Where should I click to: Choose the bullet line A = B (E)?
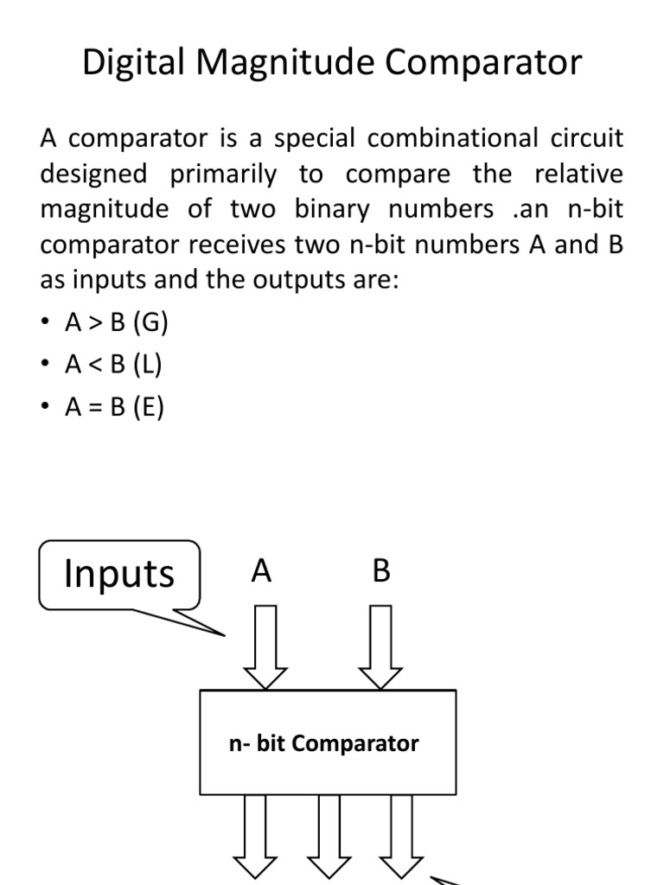114,407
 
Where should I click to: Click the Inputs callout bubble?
119,574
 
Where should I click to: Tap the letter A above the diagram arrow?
262,571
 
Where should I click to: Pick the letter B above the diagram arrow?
381,571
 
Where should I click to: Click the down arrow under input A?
265,647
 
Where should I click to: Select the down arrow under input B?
380,647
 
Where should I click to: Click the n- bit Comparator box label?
324,743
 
